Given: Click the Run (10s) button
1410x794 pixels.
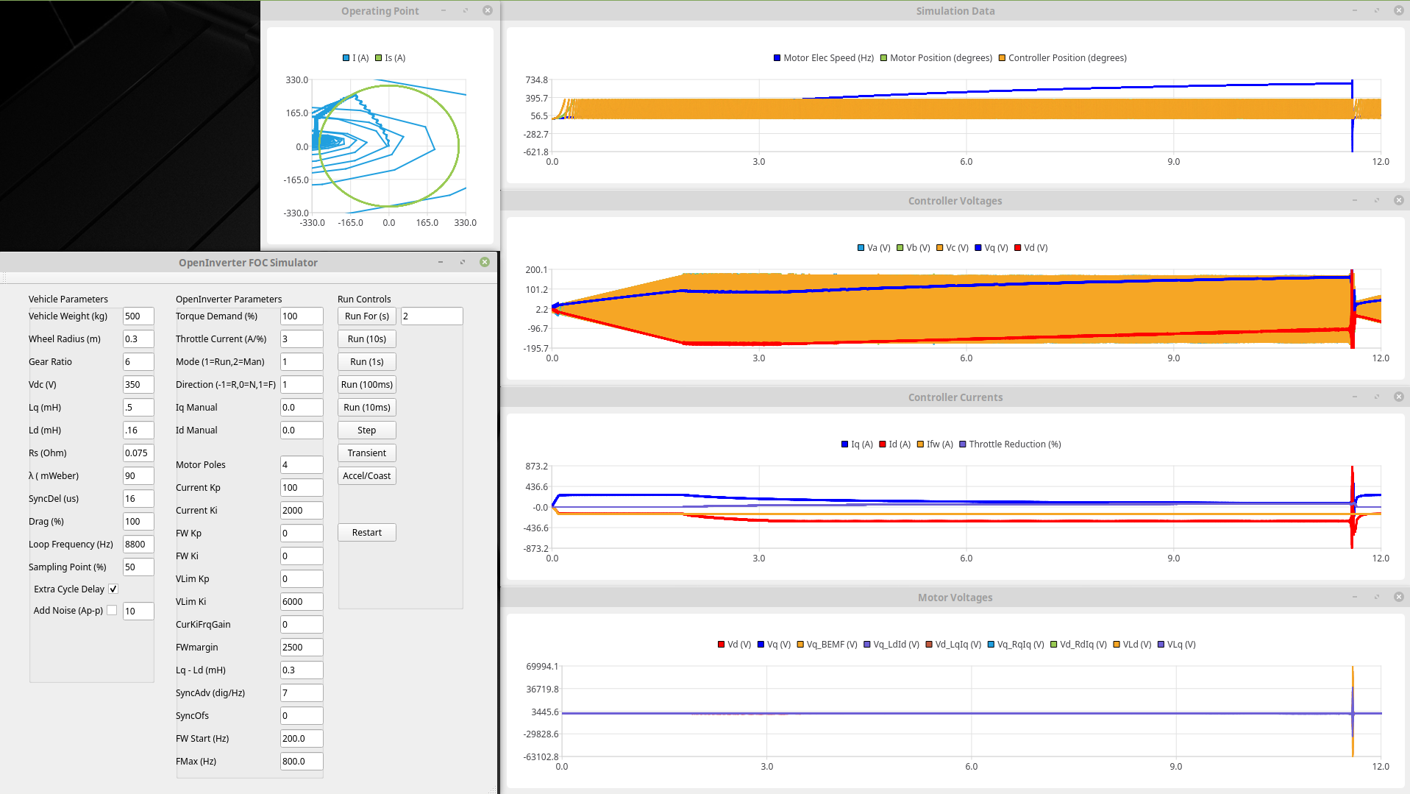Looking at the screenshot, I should tap(366, 339).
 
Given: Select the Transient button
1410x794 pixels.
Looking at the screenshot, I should tap(366, 453).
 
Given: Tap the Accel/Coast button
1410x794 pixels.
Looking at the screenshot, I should tap(366, 476).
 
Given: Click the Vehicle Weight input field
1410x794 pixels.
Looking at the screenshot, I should tap(138, 316).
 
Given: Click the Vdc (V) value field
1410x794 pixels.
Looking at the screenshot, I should tap(138, 385).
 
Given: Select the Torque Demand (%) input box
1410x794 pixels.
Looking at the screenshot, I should tap(301, 316).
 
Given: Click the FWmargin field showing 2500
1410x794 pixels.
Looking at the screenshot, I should tap(301, 648).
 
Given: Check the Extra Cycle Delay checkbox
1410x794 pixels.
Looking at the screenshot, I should tap(113, 589).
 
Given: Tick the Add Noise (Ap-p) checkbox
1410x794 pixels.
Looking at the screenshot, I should tap(112, 611).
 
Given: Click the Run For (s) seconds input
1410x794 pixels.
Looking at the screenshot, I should tap(431, 316).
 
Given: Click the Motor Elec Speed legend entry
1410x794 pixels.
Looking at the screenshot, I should tap(824, 58).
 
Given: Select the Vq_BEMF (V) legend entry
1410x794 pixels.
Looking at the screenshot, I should tap(827, 645).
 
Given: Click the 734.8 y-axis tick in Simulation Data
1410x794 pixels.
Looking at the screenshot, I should tap(536, 80).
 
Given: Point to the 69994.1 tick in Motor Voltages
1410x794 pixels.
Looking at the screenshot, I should tap(542, 667).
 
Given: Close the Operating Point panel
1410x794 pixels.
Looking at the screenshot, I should tap(487, 11).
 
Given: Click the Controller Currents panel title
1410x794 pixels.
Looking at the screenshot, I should tap(955, 397).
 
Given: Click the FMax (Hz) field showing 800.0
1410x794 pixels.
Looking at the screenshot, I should tap(301, 762).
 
